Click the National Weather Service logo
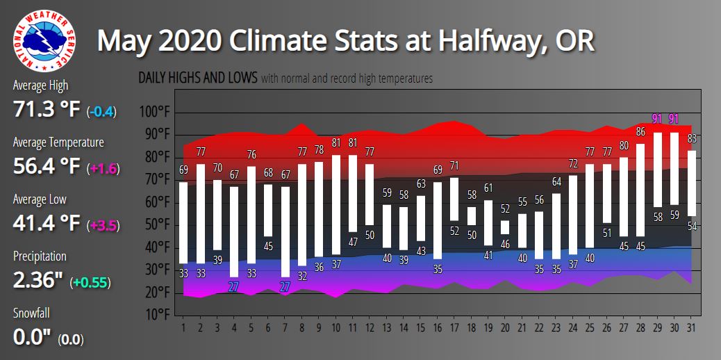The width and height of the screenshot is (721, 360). click(45, 40)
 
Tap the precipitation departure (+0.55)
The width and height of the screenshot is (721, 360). click(91, 282)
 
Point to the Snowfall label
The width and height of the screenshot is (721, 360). click(32, 313)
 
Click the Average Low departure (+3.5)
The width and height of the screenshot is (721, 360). click(103, 225)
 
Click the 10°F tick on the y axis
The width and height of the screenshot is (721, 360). click(156, 315)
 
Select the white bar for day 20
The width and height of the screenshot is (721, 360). click(505, 227)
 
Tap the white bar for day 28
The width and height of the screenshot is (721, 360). click(640, 190)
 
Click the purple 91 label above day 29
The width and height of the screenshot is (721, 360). click(657, 119)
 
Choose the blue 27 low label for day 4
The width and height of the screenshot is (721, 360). click(233, 286)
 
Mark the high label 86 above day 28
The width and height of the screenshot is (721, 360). click(640, 131)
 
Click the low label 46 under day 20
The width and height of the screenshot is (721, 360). click(505, 244)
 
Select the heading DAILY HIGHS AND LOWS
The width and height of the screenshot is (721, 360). click(198, 78)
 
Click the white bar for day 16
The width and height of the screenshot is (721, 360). click(437, 220)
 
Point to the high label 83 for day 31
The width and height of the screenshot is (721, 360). click(692, 138)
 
